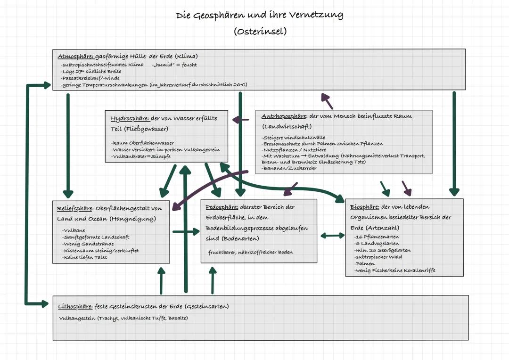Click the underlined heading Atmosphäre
click(73, 57)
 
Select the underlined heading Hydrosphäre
click(130, 118)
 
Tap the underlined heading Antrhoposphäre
click(283, 116)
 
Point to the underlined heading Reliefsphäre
click(75, 208)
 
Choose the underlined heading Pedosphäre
click(222, 207)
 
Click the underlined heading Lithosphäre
click(75, 306)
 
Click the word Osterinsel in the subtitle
click(260, 32)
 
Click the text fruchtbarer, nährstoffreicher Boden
click(250, 252)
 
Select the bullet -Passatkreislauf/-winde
click(90, 78)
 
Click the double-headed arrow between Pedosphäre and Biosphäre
click(332, 235)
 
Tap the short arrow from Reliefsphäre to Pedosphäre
click(186, 231)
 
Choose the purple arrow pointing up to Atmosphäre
click(327, 101)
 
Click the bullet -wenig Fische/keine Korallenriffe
click(395, 270)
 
